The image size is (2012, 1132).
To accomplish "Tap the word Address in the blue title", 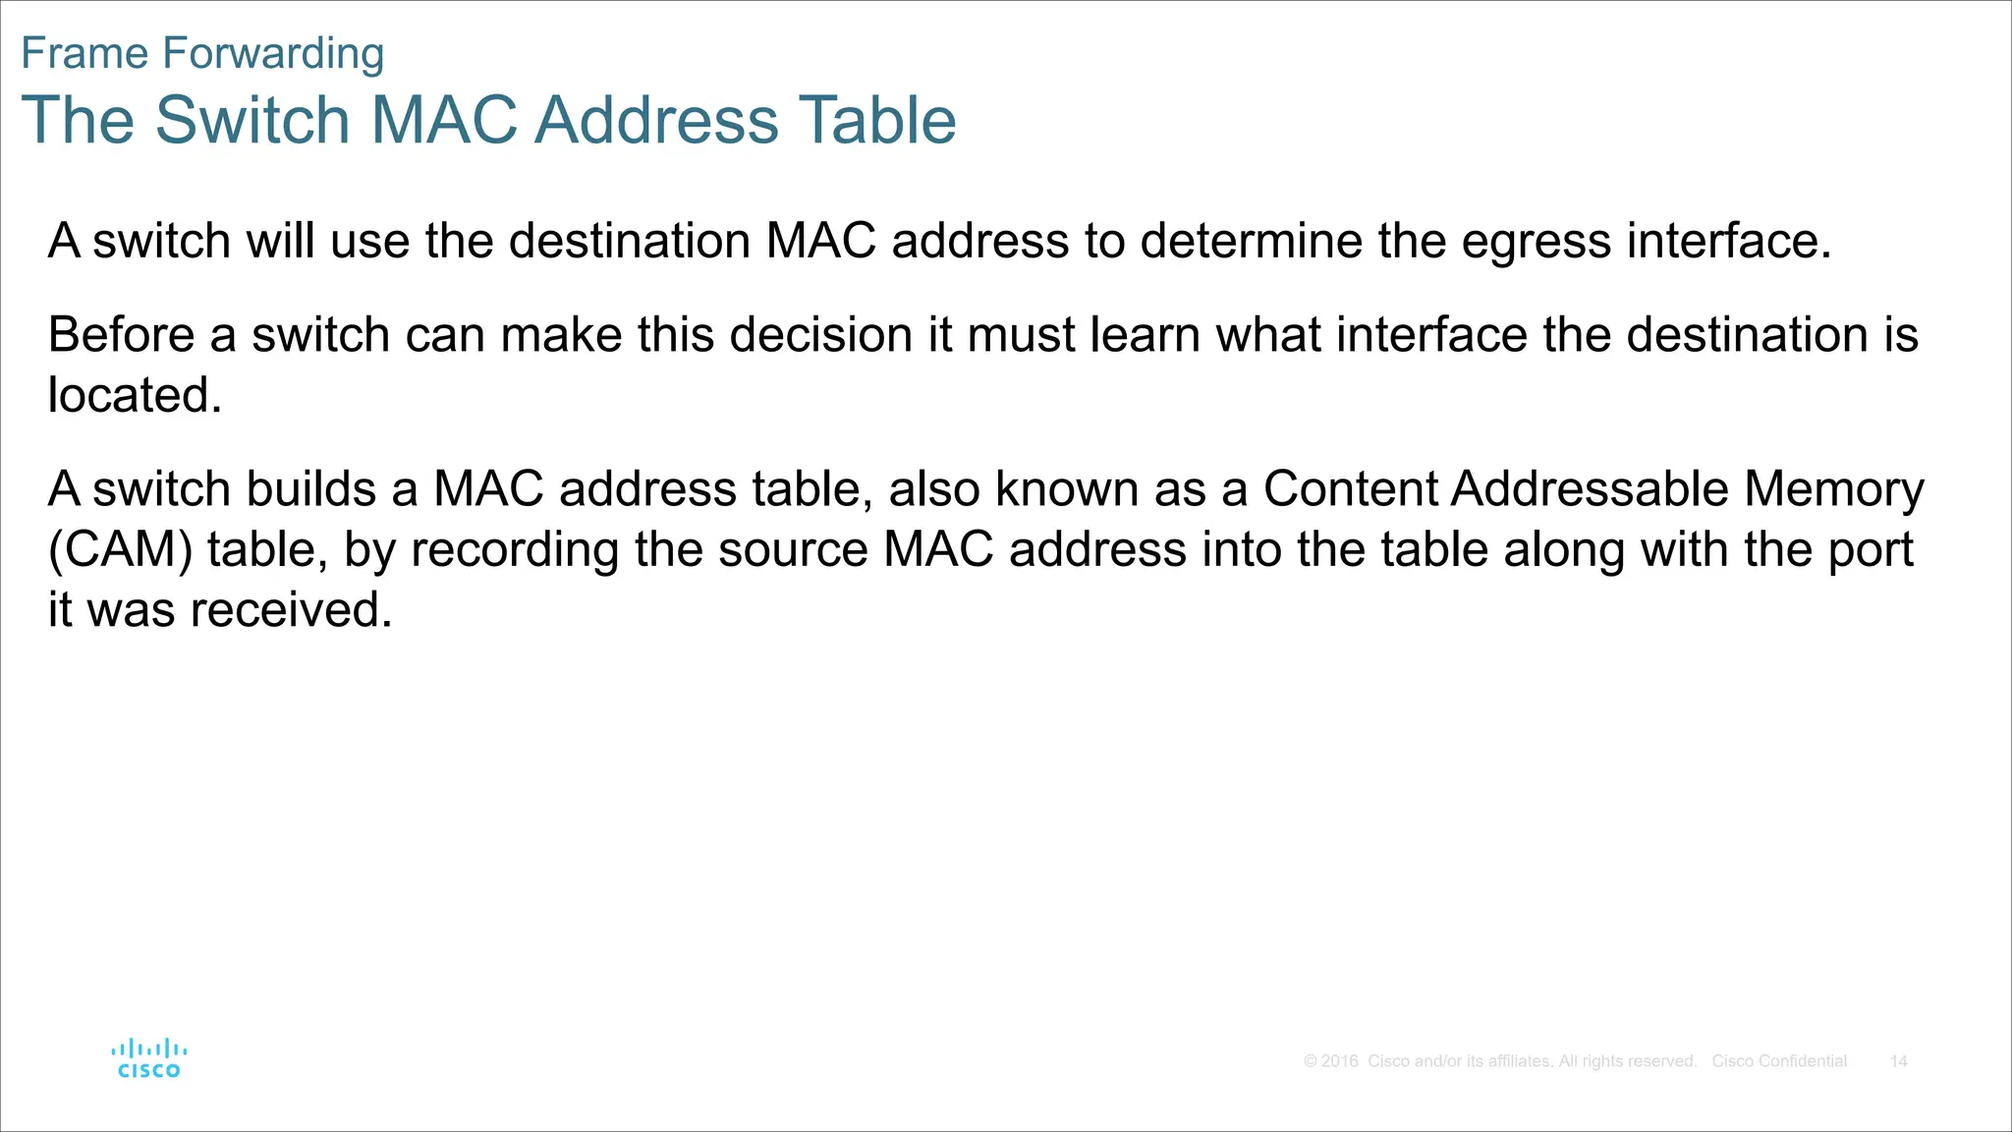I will coord(656,120).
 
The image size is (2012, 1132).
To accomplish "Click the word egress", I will coord(1536,242).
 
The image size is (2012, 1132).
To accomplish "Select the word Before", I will coord(121,334).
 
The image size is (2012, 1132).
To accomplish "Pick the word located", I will coord(135,395).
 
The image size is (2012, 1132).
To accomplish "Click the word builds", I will coord(310,488).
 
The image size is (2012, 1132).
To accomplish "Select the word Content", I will coord(1348,488).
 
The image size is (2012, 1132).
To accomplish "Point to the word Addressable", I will coord(1589,488).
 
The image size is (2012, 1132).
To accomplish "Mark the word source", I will coord(793,549).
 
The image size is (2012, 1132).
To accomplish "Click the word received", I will coord(292,609).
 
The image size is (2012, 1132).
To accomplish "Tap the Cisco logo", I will coord(149,1058).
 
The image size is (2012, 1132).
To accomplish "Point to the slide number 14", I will coord(1898,1061).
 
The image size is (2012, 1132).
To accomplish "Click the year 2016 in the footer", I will coord(1339,1061).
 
